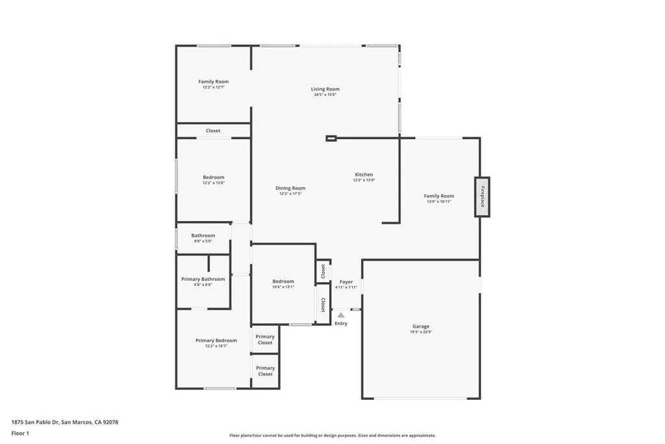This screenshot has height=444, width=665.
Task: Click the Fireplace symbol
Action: click(482, 197)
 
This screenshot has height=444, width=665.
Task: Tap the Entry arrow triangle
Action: click(341, 315)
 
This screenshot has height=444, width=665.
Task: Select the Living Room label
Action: click(325, 89)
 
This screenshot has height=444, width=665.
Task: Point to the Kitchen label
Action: click(364, 175)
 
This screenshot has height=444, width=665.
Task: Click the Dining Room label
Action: click(290, 188)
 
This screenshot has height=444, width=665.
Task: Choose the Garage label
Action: click(421, 326)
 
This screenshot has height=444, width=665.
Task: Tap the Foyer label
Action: click(346, 282)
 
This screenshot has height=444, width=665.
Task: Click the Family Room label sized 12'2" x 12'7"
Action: click(214, 82)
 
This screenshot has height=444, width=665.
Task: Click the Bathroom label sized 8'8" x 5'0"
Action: click(203, 235)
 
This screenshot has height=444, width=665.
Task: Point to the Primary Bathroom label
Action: click(203, 279)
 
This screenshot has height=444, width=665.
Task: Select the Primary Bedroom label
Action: click(216, 341)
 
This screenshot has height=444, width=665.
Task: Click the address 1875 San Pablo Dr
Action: click(65, 422)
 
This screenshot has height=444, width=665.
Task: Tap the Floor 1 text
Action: click(20, 432)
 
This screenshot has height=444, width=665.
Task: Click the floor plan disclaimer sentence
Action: click(332, 436)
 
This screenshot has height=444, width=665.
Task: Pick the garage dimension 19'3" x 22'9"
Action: click(421, 332)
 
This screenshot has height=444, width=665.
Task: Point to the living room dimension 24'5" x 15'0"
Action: click(325, 95)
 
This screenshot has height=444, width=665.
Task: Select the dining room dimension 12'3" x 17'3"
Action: click(290, 194)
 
